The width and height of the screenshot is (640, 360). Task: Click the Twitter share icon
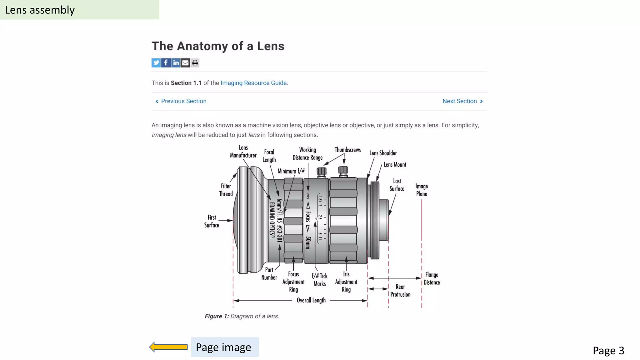coord(156,63)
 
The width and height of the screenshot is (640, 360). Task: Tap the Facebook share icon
coord(166,63)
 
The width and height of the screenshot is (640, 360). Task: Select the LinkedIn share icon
coord(176,63)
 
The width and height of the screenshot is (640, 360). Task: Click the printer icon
coord(195,63)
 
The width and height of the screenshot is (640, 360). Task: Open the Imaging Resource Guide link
coord(253,83)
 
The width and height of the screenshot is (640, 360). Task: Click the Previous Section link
coord(183,101)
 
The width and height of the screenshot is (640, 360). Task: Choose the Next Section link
coord(460,101)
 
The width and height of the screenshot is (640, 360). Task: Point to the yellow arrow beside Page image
coord(168,347)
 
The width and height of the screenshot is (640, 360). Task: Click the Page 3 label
coord(608,350)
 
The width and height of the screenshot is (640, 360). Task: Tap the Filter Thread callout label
coord(226,190)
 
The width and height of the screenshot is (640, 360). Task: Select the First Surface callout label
coord(212,221)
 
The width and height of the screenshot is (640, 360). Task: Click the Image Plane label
coord(421,190)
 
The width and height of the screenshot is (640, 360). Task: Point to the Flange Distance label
coord(432,278)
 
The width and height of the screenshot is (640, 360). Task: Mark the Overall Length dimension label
coord(311,300)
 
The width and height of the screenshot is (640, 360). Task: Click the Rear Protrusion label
coord(400,291)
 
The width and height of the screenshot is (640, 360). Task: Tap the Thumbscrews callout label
coord(347,150)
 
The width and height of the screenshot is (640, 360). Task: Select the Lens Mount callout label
coord(395,165)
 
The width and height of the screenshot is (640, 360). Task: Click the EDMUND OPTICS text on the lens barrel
coord(272,220)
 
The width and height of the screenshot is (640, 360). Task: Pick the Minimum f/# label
coord(291,171)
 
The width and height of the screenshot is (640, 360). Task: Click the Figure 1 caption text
coord(242,316)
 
